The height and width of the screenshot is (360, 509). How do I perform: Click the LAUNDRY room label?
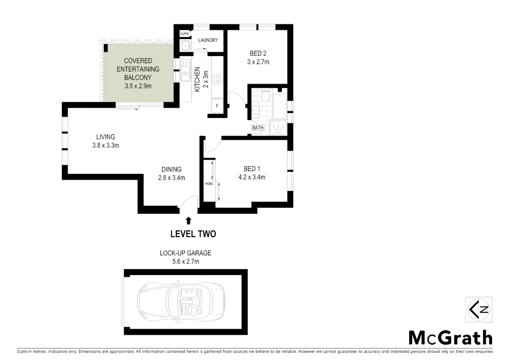[x=208, y=40]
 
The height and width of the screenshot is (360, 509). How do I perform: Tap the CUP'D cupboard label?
[x=184, y=34]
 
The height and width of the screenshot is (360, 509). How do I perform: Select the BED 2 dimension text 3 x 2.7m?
[x=258, y=62]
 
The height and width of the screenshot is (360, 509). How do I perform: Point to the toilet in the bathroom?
[x=265, y=97]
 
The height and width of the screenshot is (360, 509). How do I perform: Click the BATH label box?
[x=257, y=128]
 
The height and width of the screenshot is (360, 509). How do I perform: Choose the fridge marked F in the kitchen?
[x=217, y=106]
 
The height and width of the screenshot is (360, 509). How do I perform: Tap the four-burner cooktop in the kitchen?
[x=217, y=79]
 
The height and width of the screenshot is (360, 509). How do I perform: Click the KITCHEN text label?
[x=197, y=79]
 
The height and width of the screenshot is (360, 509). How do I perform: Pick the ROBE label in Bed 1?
[x=209, y=184]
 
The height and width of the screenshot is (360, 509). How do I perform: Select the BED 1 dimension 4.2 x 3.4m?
[x=252, y=177]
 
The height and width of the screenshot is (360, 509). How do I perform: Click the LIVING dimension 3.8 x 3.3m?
[x=106, y=145]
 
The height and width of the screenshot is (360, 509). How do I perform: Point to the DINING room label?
[x=172, y=169]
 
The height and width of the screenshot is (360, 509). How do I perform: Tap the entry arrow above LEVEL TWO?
[x=189, y=220]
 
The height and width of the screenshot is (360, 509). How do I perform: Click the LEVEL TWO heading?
[x=193, y=234]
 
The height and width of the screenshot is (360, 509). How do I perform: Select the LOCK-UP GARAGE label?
[x=186, y=253]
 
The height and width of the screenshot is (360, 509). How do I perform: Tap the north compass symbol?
[x=479, y=309]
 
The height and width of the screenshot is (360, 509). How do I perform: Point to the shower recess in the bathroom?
[x=278, y=128]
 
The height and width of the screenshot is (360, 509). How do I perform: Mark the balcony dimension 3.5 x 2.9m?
[x=138, y=86]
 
